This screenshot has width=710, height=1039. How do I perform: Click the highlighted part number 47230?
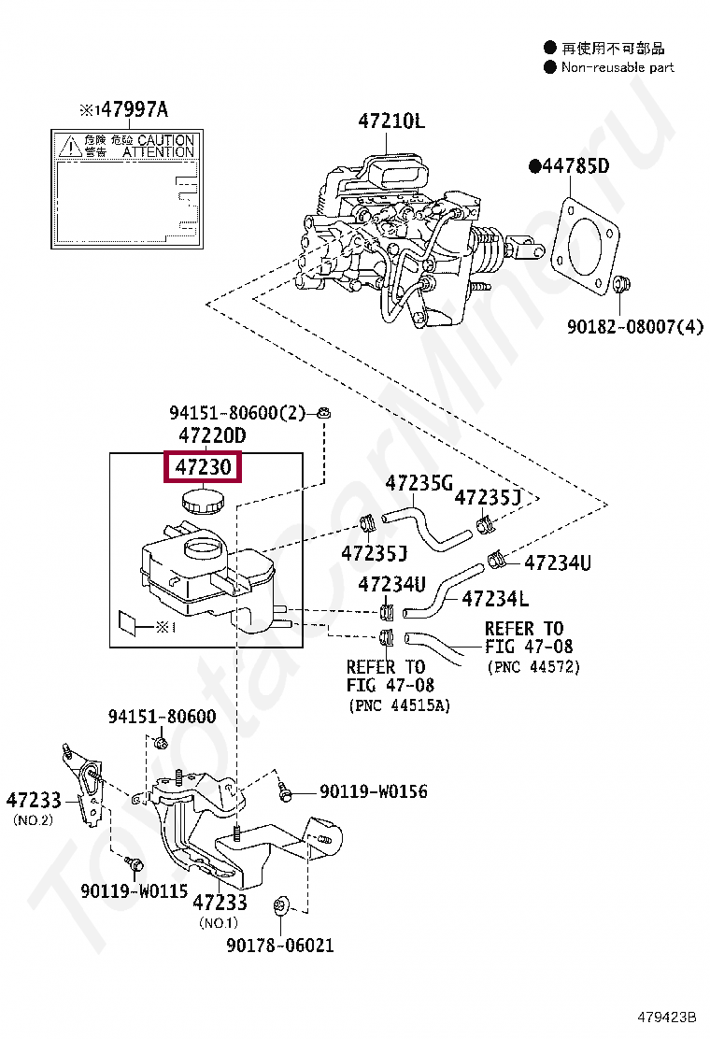tap(203, 466)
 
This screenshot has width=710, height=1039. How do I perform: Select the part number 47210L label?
tap(390, 121)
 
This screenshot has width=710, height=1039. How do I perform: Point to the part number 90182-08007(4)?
tap(635, 326)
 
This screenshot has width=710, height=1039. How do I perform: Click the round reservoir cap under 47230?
tap(203, 502)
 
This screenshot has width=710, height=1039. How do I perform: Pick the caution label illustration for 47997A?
tap(126, 190)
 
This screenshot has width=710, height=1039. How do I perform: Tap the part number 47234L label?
tap(495, 599)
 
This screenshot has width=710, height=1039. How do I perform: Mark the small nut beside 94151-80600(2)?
tap(323, 412)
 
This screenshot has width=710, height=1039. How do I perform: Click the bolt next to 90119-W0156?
tap(286, 793)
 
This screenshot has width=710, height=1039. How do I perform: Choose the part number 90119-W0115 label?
tap(134, 890)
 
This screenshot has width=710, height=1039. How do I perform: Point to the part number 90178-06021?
tap(279, 945)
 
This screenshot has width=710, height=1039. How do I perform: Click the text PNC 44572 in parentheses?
tap(532, 667)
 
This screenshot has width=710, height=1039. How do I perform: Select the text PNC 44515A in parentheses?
tap(399, 705)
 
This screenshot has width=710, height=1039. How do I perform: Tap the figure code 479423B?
tap(668, 1017)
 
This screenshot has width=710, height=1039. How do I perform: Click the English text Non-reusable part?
tap(617, 67)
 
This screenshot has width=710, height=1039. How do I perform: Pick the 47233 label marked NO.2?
tap(34, 801)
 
